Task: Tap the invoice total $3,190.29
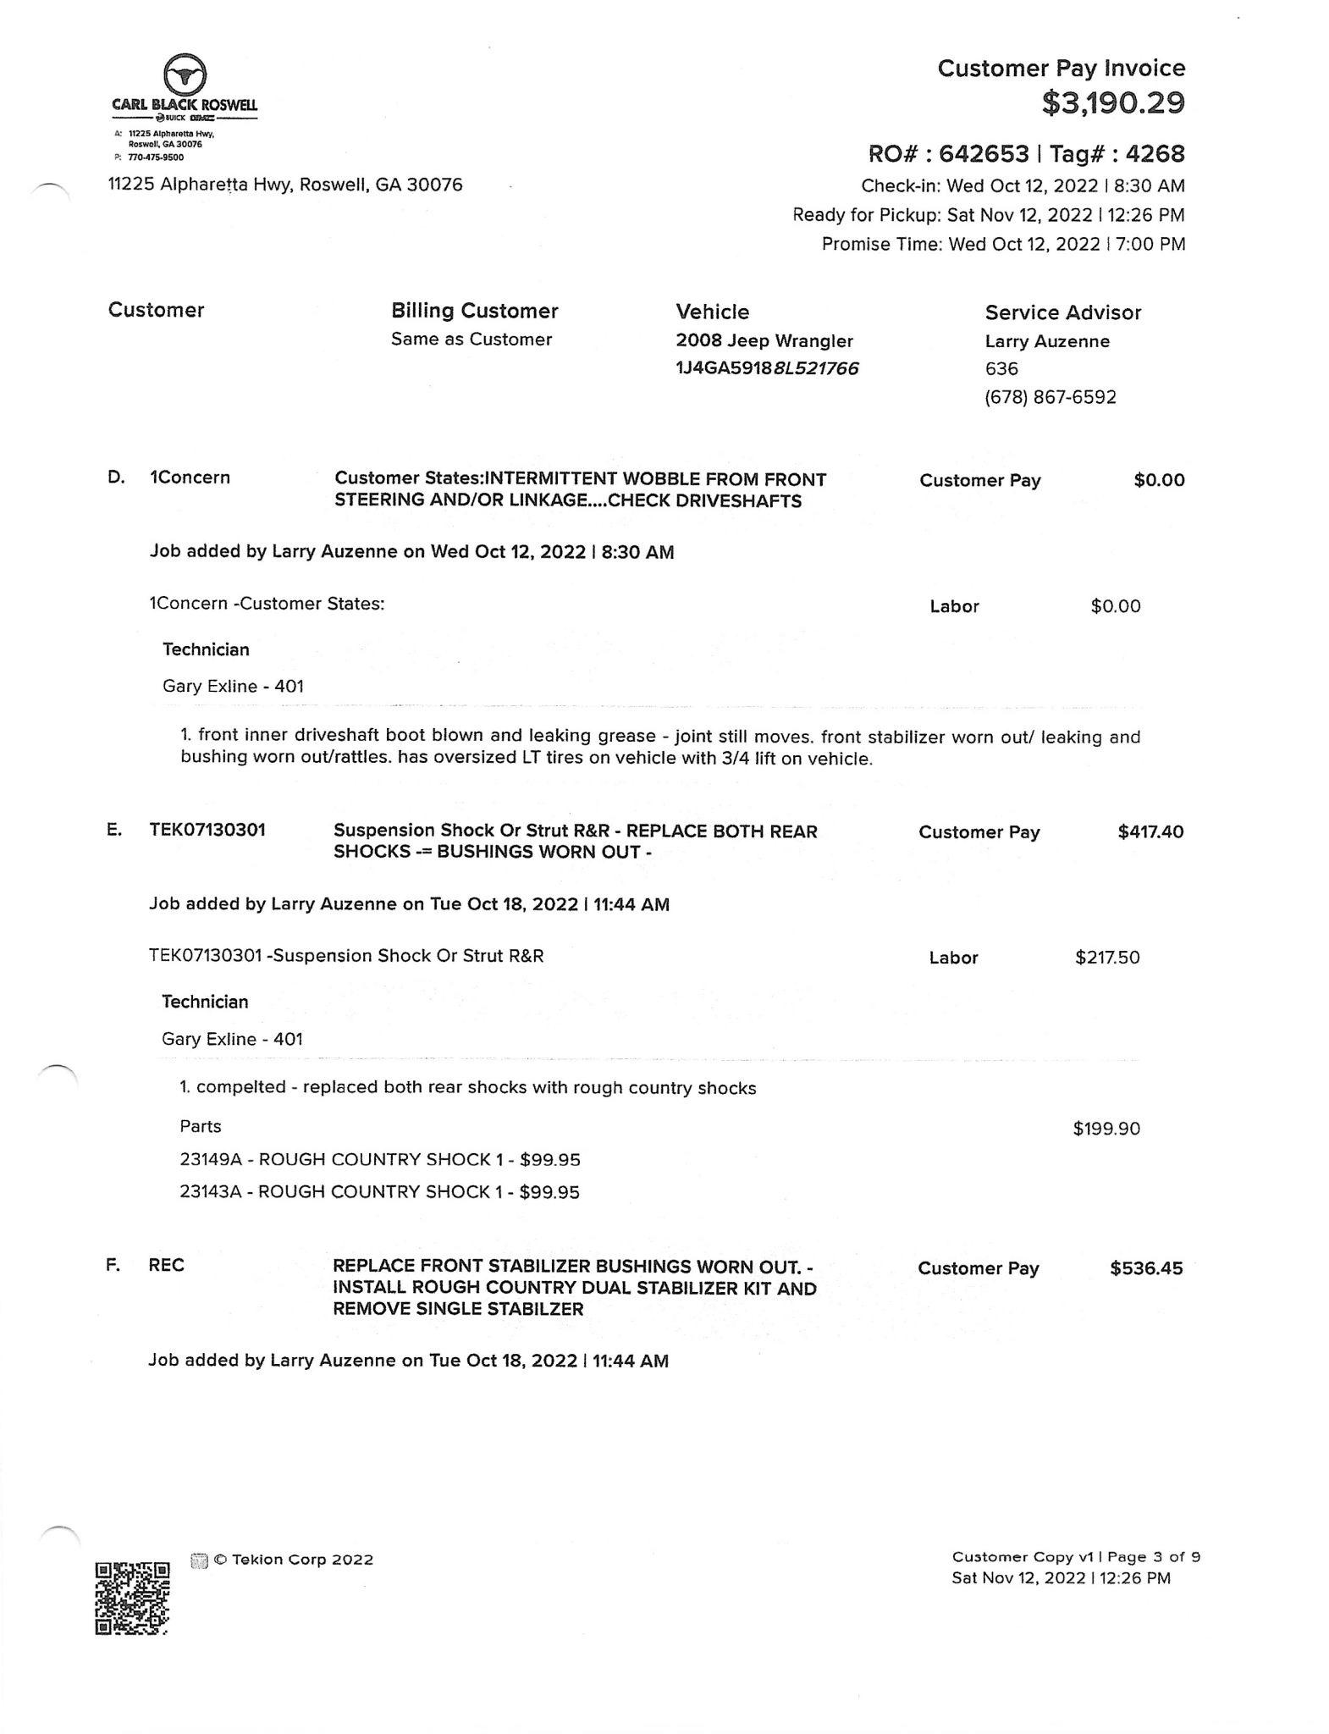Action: point(1112,102)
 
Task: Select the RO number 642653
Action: point(984,153)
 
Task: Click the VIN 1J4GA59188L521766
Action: point(767,367)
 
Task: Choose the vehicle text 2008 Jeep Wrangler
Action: point(764,340)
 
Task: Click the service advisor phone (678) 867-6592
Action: point(1050,396)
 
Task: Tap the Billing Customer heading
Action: point(474,311)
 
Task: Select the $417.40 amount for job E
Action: point(1150,831)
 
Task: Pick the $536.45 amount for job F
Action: point(1146,1267)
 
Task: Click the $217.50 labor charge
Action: point(1107,957)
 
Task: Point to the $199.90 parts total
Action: point(1106,1128)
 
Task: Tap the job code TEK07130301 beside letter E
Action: point(207,830)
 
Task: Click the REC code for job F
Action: point(166,1265)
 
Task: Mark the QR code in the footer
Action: point(132,1597)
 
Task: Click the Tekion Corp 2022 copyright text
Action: point(293,1560)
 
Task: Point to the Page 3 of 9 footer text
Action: point(1154,1556)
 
